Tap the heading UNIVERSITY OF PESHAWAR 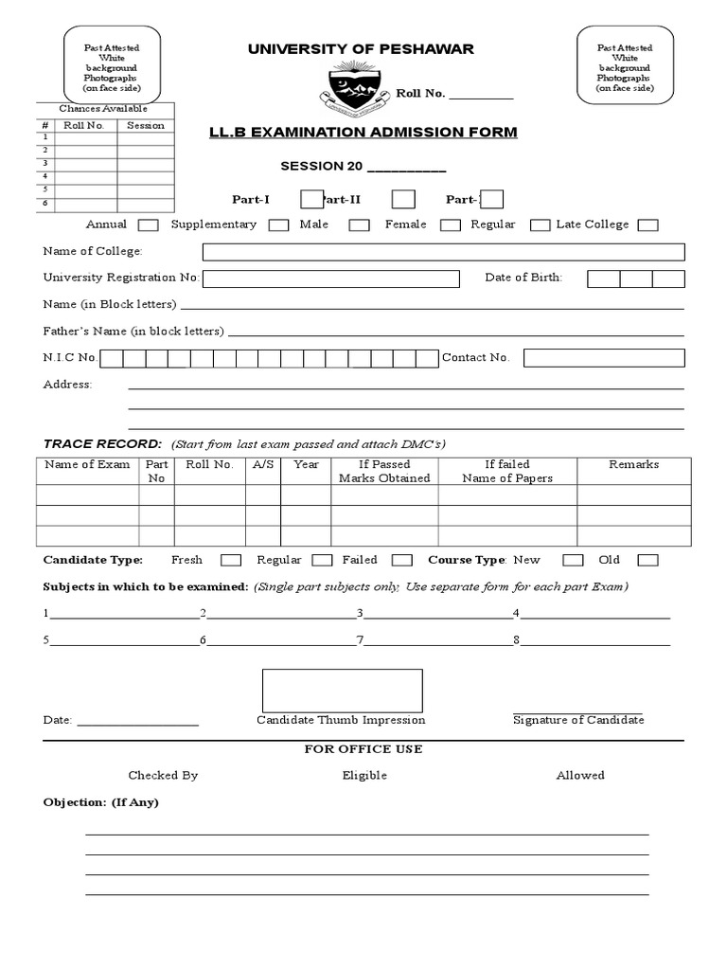pyautogui.click(x=361, y=49)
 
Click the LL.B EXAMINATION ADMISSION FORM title pyautogui.click(x=363, y=132)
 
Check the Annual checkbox pyautogui.click(x=148, y=225)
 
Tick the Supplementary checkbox pyautogui.click(x=278, y=225)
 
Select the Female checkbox pyautogui.click(x=451, y=225)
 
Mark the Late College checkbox pyautogui.click(x=647, y=225)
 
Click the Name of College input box pyautogui.click(x=443, y=252)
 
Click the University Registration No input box pyautogui.click(x=330, y=278)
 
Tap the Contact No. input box pyautogui.click(x=603, y=358)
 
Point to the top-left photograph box pyautogui.click(x=111, y=65)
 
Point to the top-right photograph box pyautogui.click(x=624, y=65)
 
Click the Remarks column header pyautogui.click(x=633, y=465)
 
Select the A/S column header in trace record pyautogui.click(x=263, y=465)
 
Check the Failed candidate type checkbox pyautogui.click(x=401, y=561)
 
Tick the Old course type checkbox pyautogui.click(x=647, y=561)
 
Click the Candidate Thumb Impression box pyautogui.click(x=342, y=691)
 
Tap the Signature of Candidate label pyautogui.click(x=578, y=720)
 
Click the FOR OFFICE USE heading pyautogui.click(x=363, y=749)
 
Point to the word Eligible pyautogui.click(x=364, y=775)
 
